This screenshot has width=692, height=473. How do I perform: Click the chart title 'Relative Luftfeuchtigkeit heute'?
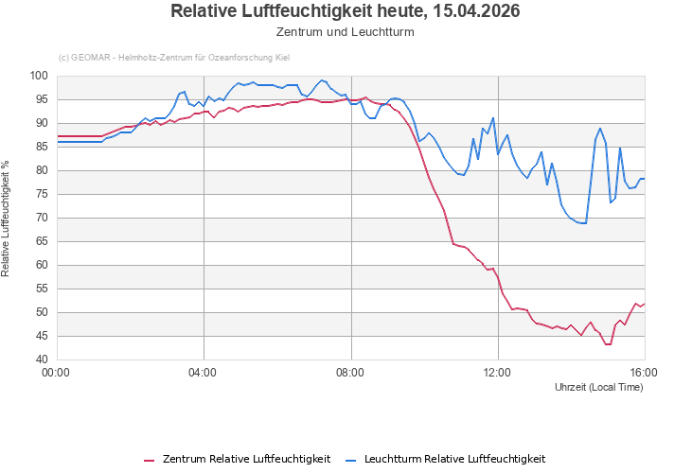346,11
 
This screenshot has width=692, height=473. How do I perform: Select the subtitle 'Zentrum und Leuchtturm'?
346,31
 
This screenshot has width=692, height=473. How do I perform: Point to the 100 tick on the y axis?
39,76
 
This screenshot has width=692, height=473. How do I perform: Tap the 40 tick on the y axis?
42,359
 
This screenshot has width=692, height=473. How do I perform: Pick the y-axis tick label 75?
42,194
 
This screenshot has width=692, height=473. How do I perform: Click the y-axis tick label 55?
42,289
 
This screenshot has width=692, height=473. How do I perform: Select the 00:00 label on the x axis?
57,372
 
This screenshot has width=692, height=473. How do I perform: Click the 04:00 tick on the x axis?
204,372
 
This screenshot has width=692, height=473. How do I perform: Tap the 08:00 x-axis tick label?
350,372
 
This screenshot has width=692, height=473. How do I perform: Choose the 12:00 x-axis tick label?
498,372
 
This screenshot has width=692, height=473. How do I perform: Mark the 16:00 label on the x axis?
644,372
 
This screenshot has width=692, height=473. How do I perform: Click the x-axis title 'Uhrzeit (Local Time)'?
598,386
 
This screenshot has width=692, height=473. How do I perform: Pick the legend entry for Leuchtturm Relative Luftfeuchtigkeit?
444,459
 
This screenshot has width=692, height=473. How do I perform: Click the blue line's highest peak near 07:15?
322,80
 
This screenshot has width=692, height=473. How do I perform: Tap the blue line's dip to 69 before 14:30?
584,223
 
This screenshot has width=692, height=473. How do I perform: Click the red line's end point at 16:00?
644,304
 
